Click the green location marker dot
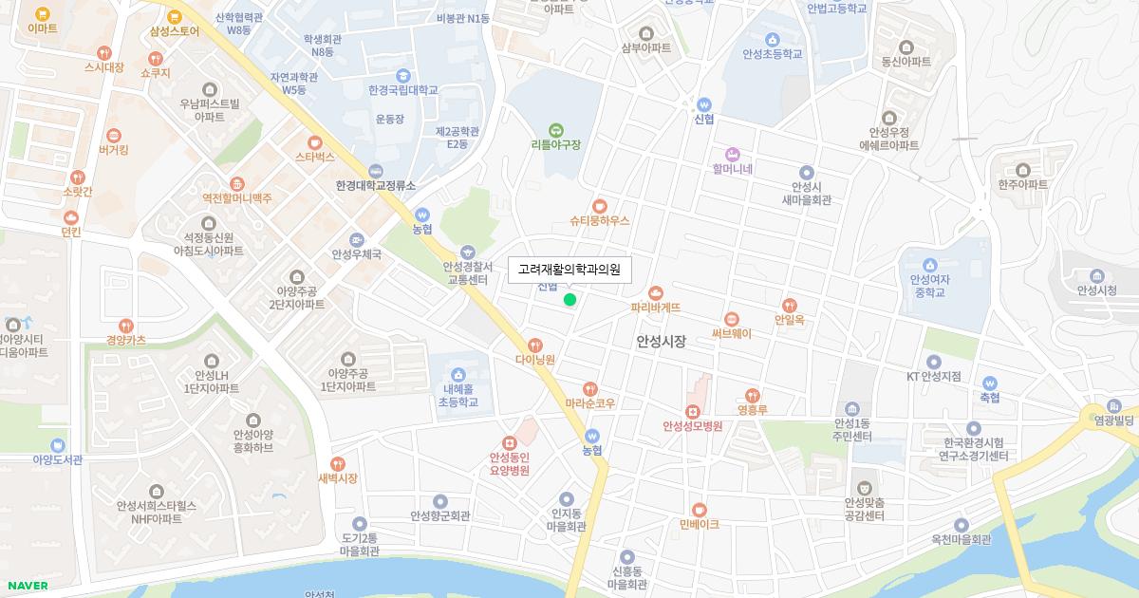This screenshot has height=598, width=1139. [x=569, y=300]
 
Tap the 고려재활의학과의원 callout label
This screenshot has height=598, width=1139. [x=569, y=271]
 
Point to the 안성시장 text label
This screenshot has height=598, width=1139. [x=661, y=341]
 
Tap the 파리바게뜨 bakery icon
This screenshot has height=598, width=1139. [x=655, y=292]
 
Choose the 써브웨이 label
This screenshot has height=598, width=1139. [x=731, y=333]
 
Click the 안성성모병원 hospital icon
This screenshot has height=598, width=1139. [x=693, y=411]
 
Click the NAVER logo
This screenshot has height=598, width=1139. [x=28, y=586]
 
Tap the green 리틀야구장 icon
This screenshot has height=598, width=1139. [x=555, y=130]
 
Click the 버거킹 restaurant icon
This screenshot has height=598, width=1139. [x=114, y=135]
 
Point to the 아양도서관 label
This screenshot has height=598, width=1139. [x=57, y=459]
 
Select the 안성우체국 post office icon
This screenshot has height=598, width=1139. [x=356, y=239]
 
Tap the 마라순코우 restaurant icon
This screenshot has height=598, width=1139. [x=590, y=388]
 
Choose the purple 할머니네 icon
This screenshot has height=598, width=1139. [x=732, y=154]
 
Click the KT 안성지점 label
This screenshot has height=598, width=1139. [x=933, y=377]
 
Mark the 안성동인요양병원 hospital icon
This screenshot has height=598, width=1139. [x=509, y=442]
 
